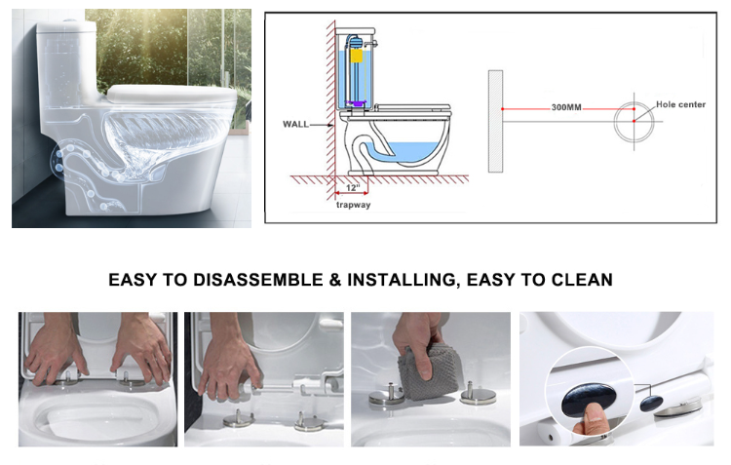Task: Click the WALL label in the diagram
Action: click(x=295, y=124)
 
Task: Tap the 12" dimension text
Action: click(x=353, y=187)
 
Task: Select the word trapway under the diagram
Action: click(x=354, y=205)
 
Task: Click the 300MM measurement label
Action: click(x=566, y=107)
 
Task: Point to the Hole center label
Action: click(x=680, y=104)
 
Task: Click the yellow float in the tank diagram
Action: click(x=357, y=56)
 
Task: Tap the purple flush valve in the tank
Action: click(x=356, y=103)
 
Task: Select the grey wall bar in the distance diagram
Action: click(x=495, y=121)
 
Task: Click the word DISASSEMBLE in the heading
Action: click(x=258, y=280)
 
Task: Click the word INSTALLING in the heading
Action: click(x=402, y=280)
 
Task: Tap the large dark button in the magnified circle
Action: click(x=589, y=400)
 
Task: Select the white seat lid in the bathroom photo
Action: click(x=172, y=94)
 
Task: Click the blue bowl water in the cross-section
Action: click(x=408, y=152)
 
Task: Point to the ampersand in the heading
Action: click(x=334, y=280)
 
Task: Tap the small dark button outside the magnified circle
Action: click(x=651, y=403)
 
